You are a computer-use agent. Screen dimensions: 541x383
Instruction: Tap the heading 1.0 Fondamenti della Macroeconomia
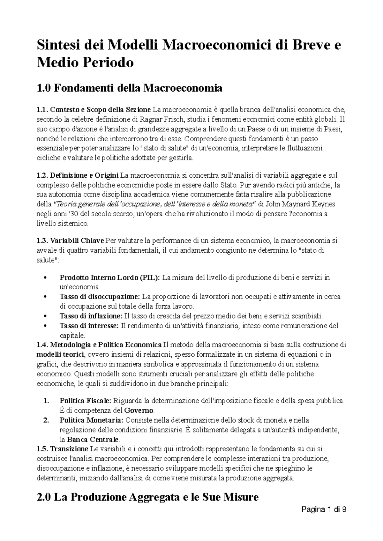coord(129,87)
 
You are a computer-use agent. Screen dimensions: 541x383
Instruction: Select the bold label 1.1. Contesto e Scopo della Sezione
coord(94,110)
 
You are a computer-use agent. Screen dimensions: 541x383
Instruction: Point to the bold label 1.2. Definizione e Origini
coord(78,175)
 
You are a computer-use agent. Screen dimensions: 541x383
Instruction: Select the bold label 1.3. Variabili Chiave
coord(71,241)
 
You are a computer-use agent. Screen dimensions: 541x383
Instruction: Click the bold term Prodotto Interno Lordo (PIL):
coord(110,278)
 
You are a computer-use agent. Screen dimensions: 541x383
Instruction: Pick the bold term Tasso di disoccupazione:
coord(100,297)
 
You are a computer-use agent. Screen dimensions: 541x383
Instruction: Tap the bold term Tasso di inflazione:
coord(91,316)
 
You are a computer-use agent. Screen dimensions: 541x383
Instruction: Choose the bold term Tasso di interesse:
coord(89,326)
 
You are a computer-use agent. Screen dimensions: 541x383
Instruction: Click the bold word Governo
coord(139,410)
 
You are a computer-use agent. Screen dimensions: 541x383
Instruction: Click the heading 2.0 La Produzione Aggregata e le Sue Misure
coord(147,497)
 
